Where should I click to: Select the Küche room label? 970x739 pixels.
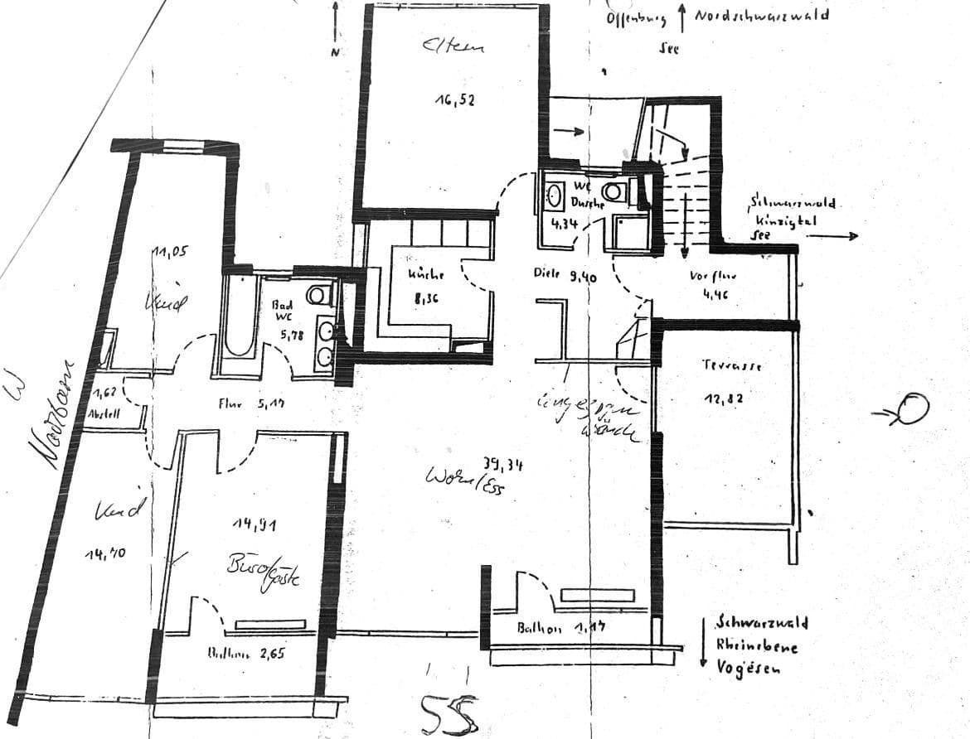click(426, 274)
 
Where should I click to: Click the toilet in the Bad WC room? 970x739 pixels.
click(317, 294)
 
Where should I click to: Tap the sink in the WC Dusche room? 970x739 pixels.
click(555, 197)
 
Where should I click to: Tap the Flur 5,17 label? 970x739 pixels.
click(253, 405)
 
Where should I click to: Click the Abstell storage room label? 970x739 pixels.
click(104, 413)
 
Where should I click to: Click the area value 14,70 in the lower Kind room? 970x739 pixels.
click(105, 553)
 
